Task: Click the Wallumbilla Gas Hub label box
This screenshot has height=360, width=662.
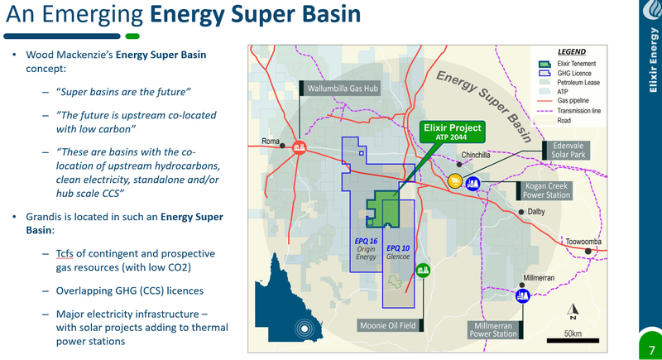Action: click(340, 89)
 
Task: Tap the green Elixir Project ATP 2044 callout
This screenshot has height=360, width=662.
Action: click(452, 132)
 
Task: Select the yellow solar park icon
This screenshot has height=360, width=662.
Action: click(455, 181)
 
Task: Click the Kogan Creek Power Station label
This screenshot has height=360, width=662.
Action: click(544, 191)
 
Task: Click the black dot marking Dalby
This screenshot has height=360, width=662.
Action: click(521, 212)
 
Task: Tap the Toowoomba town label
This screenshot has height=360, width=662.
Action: click(583, 242)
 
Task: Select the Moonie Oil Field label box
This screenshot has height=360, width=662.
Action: click(390, 325)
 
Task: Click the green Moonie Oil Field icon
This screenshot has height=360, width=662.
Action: click(423, 270)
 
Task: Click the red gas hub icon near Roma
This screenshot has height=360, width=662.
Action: click(300, 147)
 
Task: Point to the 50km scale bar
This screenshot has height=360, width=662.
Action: click(573, 340)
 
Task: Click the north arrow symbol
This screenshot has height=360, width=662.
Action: click(573, 311)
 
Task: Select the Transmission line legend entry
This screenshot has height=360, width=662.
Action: click(569, 111)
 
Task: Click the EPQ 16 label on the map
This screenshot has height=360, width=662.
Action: click(366, 241)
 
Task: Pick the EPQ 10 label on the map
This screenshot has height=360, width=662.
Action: click(398, 248)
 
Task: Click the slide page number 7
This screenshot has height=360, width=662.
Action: click(652, 350)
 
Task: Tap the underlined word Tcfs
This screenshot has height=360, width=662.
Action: click(65, 253)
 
